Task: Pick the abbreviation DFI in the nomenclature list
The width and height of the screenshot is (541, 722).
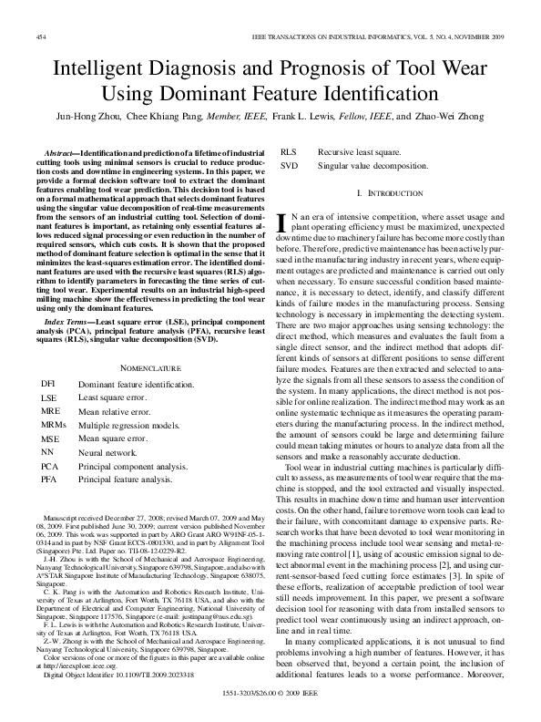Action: click(49, 385)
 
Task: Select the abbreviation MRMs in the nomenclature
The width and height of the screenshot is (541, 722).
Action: click(54, 425)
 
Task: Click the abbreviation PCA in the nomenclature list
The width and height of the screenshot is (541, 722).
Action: click(50, 465)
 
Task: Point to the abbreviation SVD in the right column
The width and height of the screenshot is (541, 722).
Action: click(289, 165)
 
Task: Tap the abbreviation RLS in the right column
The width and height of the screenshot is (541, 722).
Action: click(288, 151)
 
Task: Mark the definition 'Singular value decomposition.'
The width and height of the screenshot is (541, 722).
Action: click(373, 165)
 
